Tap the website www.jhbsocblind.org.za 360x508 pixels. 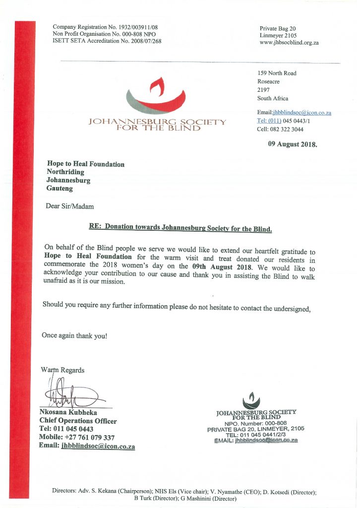coord(289,43)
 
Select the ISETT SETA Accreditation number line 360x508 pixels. coord(107,41)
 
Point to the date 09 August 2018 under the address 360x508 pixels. coord(292,144)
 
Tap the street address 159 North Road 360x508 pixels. coord(277,73)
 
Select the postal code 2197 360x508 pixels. coord(263,90)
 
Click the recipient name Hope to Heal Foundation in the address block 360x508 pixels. coord(85,164)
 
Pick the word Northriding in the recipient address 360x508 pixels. coord(65,172)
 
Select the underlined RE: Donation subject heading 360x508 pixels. coord(180,228)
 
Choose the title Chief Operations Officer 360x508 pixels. coord(78,421)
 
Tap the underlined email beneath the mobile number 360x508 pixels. coord(98,446)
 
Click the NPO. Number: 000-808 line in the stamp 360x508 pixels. coord(256,423)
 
